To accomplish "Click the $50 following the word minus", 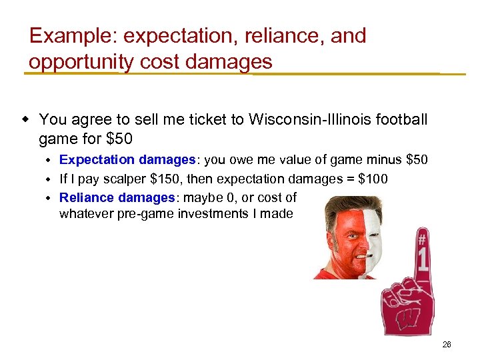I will pyautogui.click(x=417, y=160).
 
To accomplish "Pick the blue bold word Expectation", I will pyautogui.click(x=97, y=160).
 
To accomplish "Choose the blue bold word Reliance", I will pyautogui.click(x=87, y=198).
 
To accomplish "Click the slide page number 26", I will pyautogui.click(x=446, y=345).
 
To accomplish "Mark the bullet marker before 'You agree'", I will pyautogui.click(x=26, y=120).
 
